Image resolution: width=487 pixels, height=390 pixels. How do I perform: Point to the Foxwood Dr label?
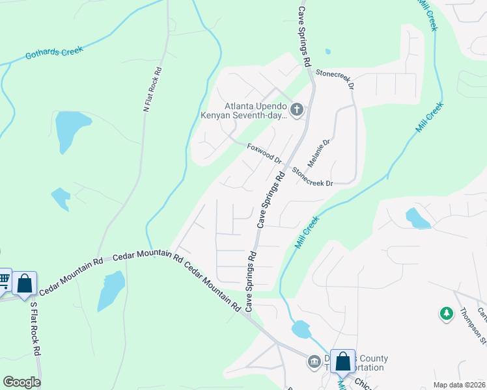pyautogui.click(x=264, y=154)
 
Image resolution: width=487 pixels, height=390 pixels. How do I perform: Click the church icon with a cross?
pyautogui.click(x=297, y=109)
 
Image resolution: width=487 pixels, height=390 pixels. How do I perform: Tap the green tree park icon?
pyautogui.click(x=446, y=314)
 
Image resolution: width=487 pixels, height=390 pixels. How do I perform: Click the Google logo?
pyautogui.click(x=22, y=382)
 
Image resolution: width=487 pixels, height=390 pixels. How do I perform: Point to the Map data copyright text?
pyautogui.click(x=459, y=385)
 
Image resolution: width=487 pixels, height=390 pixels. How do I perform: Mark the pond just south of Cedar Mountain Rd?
pyautogui.click(x=111, y=290)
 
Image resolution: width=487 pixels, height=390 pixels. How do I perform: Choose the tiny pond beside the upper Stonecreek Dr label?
pyautogui.click(x=327, y=51)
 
